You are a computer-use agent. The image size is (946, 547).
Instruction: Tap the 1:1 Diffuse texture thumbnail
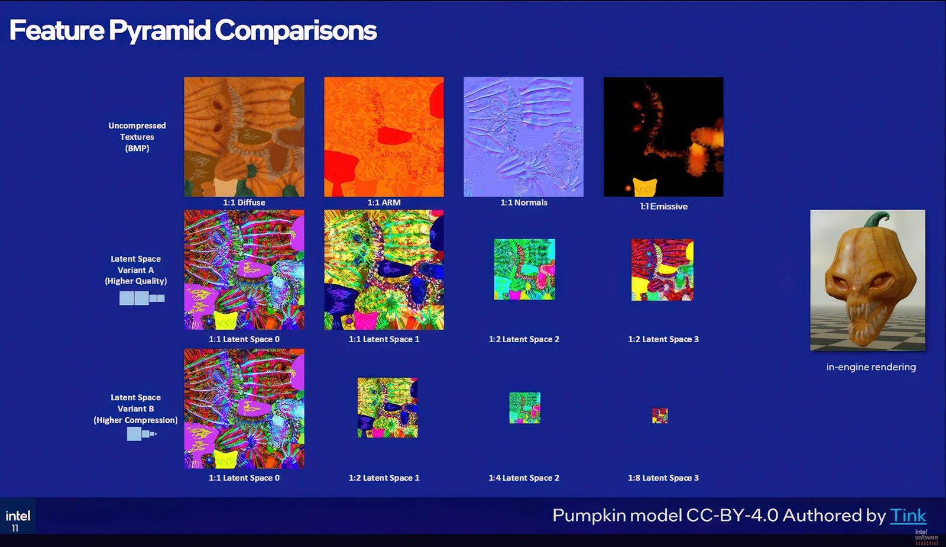click(x=244, y=137)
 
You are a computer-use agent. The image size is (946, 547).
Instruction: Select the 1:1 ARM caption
click(x=384, y=202)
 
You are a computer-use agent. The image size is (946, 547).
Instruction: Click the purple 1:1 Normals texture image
click(x=523, y=137)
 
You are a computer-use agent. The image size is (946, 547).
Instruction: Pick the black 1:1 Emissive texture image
click(x=663, y=137)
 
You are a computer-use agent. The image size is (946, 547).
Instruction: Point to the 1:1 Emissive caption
click(x=663, y=207)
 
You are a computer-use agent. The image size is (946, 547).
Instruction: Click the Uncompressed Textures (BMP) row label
click(x=137, y=137)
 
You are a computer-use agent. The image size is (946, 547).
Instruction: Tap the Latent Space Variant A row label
click(x=135, y=270)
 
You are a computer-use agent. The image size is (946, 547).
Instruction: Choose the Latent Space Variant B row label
click(x=135, y=408)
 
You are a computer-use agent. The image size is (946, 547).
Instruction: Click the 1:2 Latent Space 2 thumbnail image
click(x=524, y=269)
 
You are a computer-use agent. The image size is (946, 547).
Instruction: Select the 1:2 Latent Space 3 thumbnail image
click(x=662, y=269)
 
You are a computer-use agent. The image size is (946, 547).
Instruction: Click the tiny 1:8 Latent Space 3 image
click(x=660, y=416)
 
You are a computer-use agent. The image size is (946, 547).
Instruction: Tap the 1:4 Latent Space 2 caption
click(x=524, y=478)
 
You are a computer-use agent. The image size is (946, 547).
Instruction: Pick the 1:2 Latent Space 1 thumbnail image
click(x=387, y=408)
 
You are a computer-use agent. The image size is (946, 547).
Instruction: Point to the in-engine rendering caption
click(x=871, y=367)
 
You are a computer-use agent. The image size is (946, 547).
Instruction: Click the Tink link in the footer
click(x=908, y=516)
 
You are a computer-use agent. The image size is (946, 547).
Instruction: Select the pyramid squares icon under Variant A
click(x=142, y=298)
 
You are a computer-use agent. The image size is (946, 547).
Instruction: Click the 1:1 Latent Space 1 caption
click(x=384, y=339)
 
